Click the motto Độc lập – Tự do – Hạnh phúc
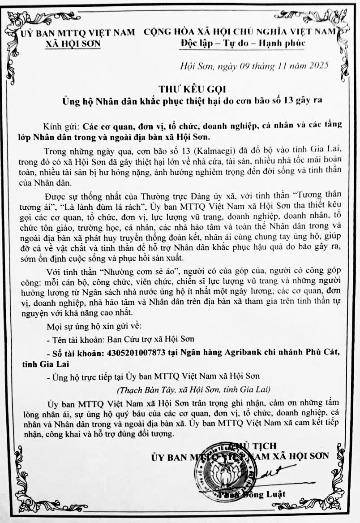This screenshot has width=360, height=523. (243, 43)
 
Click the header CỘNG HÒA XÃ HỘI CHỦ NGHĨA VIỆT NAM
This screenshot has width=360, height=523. (240, 32)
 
